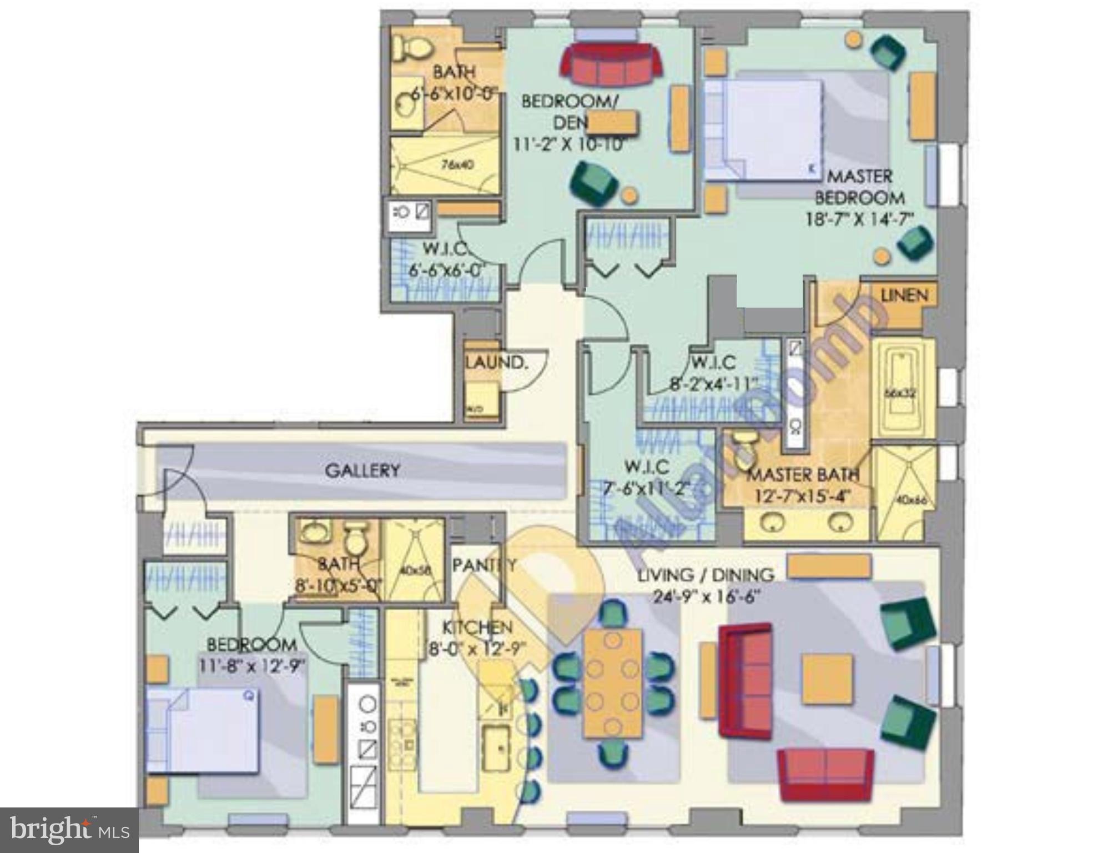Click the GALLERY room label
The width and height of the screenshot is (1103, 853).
362,470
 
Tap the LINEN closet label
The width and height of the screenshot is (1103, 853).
904,295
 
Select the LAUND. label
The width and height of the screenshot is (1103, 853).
496,363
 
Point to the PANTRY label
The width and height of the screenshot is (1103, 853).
484,565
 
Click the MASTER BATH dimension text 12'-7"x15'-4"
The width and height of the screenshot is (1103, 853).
802,495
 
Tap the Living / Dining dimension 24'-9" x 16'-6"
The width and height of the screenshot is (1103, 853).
705,596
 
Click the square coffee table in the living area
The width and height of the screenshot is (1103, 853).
827,679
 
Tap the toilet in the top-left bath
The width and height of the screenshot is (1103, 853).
412,48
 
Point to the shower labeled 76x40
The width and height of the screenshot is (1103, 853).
444,165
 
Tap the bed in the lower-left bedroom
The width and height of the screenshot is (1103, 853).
203,730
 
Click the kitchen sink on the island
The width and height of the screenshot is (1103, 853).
496,747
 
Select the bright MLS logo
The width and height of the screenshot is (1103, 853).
69,830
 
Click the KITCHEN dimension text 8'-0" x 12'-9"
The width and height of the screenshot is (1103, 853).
477,648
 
